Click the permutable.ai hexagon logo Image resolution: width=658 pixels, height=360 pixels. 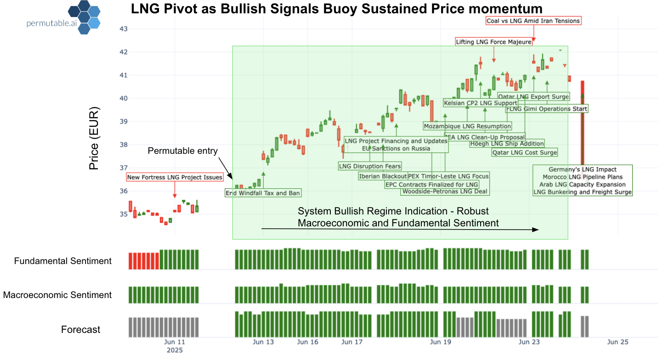[85, 17]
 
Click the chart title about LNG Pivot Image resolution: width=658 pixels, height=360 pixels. [336, 9]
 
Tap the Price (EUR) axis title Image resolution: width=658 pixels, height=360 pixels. [94, 139]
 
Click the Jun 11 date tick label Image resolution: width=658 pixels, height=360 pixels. [175, 342]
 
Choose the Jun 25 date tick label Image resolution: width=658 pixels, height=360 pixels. [618, 342]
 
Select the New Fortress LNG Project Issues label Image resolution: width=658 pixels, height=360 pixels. [175, 177]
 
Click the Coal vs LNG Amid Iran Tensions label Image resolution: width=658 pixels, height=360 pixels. [533, 21]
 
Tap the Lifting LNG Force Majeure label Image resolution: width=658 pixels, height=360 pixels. [493, 42]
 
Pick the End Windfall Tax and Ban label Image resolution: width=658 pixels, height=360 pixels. [263, 193]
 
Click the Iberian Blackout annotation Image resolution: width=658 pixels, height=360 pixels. [383, 176]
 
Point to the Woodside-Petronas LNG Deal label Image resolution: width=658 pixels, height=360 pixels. [445, 191]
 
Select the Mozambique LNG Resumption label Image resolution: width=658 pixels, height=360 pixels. [467, 126]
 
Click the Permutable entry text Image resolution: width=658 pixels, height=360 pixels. [182, 151]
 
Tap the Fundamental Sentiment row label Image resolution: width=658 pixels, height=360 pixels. [63, 261]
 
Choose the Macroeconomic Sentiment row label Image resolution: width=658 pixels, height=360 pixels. [57, 295]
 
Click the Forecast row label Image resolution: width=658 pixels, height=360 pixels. [80, 329]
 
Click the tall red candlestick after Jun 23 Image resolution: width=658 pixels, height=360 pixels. [582, 124]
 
